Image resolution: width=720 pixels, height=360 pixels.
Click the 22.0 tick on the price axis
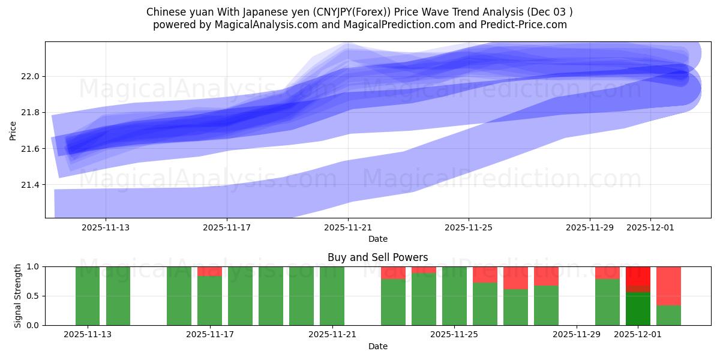pos(31,77)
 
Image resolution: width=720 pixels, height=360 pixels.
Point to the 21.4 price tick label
pos(31,185)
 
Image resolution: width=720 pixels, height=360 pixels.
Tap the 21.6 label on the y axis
pos(31,149)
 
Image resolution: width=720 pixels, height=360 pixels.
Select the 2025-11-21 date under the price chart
pos(348,227)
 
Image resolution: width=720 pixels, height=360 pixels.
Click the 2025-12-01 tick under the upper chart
pos(650,227)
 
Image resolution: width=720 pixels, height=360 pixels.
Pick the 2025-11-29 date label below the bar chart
pos(576,334)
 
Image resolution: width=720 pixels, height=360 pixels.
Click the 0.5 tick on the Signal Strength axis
pos(34,296)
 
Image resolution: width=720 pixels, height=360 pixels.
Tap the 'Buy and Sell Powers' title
pos(377,257)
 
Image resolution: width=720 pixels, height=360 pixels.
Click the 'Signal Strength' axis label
pos(18,296)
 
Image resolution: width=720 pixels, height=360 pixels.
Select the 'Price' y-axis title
pos(13,130)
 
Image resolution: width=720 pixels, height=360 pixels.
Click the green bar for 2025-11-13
pos(88,296)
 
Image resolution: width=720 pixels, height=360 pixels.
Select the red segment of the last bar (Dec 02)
pos(668,286)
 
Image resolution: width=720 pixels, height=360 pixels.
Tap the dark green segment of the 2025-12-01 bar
pos(638,309)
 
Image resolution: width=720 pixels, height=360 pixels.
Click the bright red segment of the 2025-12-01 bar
pos(638,277)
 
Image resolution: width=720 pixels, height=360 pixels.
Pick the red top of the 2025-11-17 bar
pos(209,271)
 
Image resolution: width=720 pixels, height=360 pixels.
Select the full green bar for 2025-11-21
pos(332,296)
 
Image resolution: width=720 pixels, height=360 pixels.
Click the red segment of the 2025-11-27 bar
pos(515,278)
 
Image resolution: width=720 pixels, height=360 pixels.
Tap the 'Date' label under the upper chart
pos(377,239)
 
